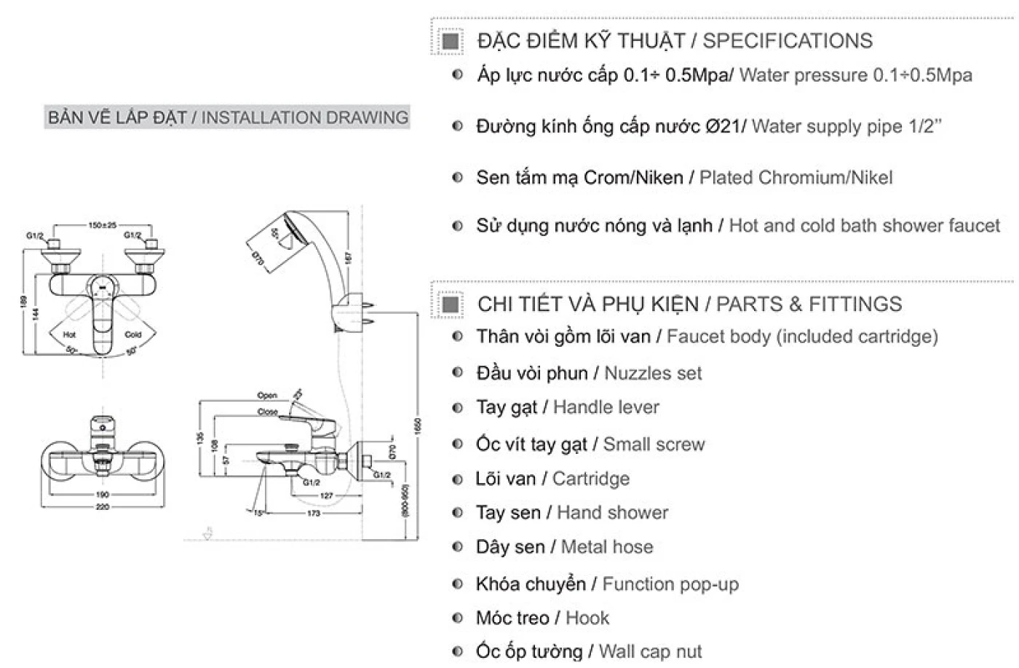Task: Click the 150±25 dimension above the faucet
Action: point(103,226)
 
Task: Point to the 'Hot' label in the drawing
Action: point(69,335)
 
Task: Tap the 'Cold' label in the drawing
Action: point(133,335)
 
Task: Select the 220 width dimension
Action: point(102,506)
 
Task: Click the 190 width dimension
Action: point(102,495)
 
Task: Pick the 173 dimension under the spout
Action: point(314,514)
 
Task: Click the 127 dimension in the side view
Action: point(326,495)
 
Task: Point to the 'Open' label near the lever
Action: point(267,396)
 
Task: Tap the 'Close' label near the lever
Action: point(267,412)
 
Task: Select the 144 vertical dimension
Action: point(35,313)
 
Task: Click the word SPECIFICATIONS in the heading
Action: point(788,41)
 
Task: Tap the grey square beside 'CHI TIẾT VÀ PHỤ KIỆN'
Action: point(451,304)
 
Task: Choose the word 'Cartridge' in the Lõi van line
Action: point(591,479)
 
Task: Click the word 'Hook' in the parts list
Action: point(587,618)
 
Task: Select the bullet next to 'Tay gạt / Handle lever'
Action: point(457,408)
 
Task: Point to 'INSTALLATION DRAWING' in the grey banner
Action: point(305,118)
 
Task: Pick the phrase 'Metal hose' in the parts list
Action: point(607,548)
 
